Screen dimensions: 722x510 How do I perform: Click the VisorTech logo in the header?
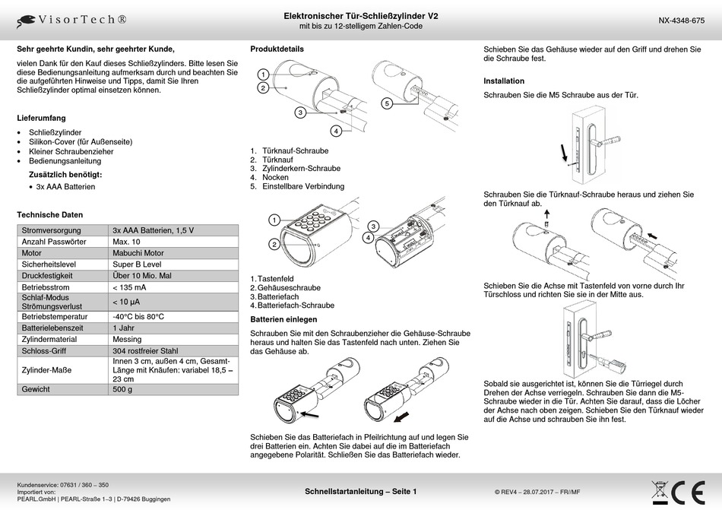71,21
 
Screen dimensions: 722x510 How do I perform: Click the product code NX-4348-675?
681,21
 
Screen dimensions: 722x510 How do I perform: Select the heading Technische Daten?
49,214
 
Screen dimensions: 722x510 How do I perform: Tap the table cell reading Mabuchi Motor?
138,252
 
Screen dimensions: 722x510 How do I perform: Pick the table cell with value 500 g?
122,389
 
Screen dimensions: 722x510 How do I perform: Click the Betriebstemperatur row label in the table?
54,317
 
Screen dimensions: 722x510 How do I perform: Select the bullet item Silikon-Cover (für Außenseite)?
81,142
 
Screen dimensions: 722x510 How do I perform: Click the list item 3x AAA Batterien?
65,186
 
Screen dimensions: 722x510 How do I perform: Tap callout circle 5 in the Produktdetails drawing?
387,103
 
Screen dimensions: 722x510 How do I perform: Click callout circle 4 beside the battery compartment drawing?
368,237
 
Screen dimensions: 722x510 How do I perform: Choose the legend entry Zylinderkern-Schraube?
301,169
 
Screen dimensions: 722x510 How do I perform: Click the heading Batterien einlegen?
283,319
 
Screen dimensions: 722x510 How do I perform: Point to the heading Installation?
504,81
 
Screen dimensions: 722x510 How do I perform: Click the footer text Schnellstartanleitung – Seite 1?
360,492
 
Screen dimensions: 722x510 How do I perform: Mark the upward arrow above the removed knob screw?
546,214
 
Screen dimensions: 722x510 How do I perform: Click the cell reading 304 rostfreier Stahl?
145,350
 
